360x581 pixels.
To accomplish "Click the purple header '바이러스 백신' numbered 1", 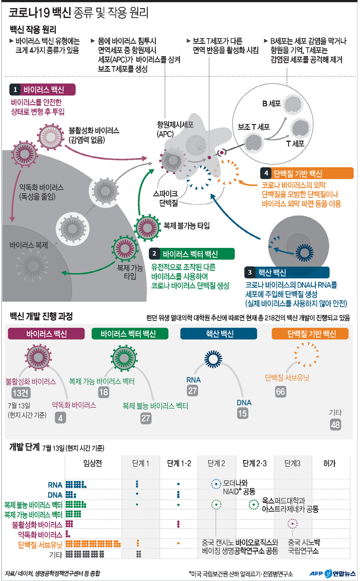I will (x=43, y=90).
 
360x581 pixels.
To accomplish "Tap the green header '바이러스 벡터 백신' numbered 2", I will (x=192, y=254).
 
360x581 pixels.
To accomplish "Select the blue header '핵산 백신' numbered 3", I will (x=287, y=272).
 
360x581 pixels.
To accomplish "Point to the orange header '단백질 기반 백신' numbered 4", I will (x=307, y=173).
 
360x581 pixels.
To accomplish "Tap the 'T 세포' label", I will (x=295, y=144).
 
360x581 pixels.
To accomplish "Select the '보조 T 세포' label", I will (x=254, y=127).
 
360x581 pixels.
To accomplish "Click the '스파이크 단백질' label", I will (x=165, y=198).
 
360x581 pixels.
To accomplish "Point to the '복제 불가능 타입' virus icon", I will (x=147, y=227).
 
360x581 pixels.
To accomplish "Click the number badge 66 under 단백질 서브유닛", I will (x=280, y=392).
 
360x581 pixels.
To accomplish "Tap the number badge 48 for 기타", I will (x=335, y=425).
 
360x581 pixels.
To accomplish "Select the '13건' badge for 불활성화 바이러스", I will (x=21, y=393).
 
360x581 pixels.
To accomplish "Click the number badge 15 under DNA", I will (x=243, y=413).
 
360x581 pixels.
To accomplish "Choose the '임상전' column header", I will (x=93, y=463).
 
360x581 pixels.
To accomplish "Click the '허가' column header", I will (x=330, y=463).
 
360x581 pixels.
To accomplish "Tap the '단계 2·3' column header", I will (x=254, y=463).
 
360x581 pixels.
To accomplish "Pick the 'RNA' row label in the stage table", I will (x=55, y=485).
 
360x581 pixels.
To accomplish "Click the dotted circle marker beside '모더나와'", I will (x=216, y=484).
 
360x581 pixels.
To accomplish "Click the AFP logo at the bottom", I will (x=316, y=573).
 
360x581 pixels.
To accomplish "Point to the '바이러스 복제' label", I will (x=29, y=245).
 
